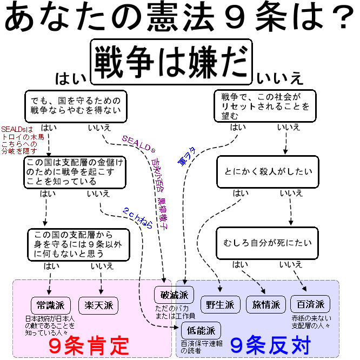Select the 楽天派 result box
coord(98,304)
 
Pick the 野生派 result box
coord(221,304)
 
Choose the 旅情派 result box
coord(266,304)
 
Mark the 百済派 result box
coord(310,304)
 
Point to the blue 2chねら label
coord(137,217)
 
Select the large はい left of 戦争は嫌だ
coord(71,79)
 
